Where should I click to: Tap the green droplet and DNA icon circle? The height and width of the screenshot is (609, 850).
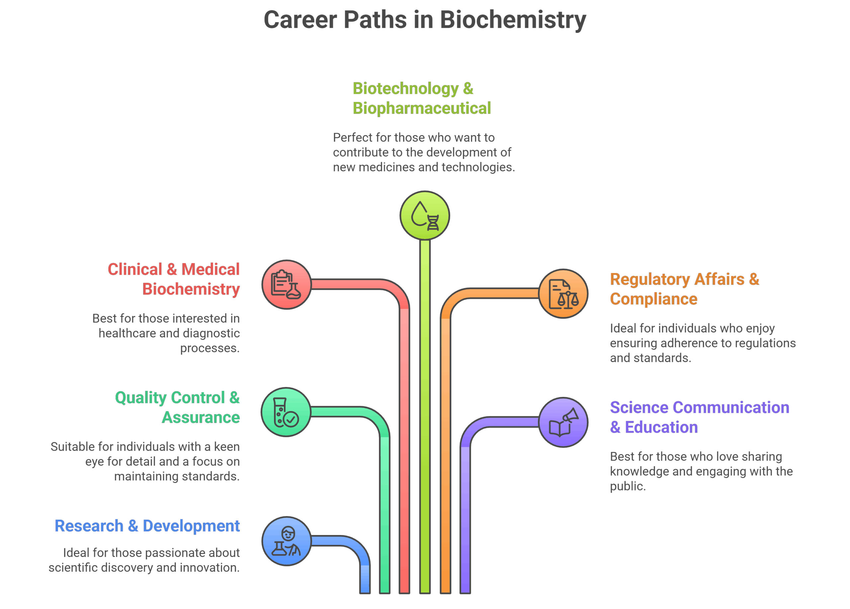point(425,216)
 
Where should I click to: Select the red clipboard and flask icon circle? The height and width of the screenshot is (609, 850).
point(286,285)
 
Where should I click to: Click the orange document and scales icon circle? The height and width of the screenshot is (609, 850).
point(563,294)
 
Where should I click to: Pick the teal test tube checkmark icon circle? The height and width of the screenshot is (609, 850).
point(286,412)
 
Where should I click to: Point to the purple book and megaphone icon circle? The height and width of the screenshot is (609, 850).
point(563,422)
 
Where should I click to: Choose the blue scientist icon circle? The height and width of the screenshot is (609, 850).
point(286,541)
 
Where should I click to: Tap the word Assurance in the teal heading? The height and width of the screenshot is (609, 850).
point(201,417)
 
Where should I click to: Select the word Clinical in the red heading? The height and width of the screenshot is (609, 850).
point(135,269)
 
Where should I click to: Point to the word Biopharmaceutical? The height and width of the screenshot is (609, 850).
point(421,108)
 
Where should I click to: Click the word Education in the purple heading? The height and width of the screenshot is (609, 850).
point(661,427)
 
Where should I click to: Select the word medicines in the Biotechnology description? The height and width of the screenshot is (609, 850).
point(386,167)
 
